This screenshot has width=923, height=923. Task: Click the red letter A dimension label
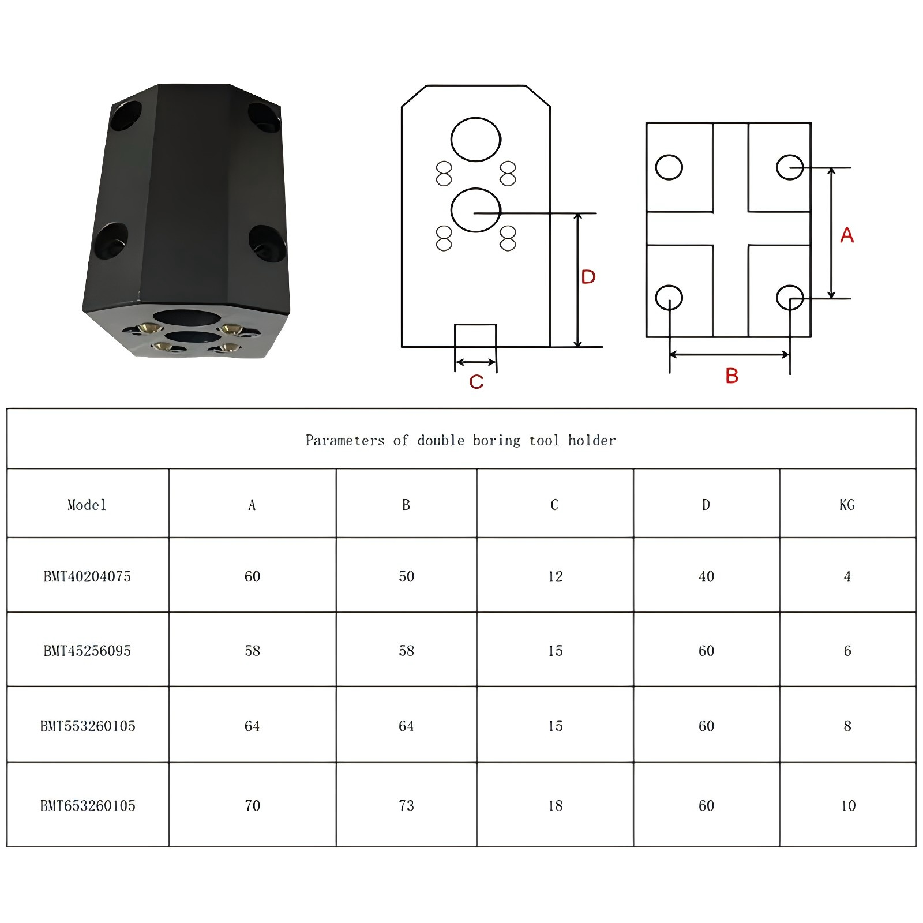point(846,235)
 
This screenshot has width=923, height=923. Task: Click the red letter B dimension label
point(731,376)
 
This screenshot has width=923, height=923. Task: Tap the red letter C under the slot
point(476,382)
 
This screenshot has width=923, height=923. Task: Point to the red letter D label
point(588,277)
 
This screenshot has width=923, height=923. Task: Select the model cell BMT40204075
point(88,576)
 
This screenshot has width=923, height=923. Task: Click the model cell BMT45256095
point(88,651)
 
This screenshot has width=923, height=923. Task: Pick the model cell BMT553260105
point(88,726)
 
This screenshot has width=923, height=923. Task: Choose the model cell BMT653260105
point(88,805)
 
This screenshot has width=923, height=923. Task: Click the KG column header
point(847,505)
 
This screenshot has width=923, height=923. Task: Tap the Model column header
point(87,505)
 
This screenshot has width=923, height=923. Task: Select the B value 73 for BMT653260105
point(406,805)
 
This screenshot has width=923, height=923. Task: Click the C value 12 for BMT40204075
point(555,576)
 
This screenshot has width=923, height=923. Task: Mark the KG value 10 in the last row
point(848,805)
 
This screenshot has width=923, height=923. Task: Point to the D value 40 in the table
point(706,576)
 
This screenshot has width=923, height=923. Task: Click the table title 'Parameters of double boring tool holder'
point(460,441)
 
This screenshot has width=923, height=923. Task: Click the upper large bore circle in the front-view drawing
point(476,140)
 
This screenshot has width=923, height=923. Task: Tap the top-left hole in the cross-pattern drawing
point(669,167)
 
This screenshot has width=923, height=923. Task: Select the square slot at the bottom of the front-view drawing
point(475,336)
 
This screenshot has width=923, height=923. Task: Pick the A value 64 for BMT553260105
point(252,726)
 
